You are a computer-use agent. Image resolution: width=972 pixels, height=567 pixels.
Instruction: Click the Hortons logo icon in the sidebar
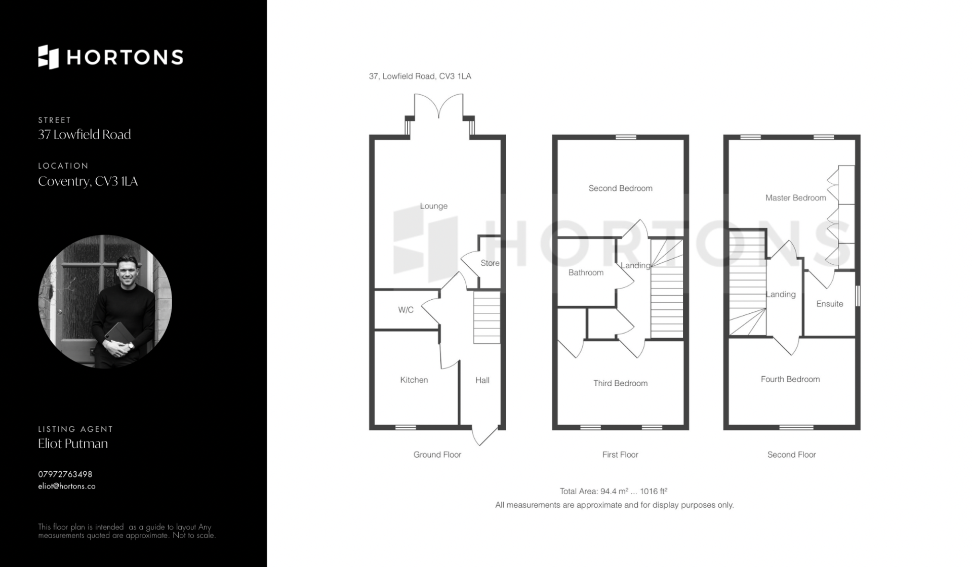point(49,57)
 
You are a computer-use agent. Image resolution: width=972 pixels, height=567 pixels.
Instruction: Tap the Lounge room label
point(433,206)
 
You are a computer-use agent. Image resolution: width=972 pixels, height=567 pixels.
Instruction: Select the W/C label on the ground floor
point(406,310)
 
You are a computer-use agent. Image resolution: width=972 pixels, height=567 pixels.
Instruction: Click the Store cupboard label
point(490,263)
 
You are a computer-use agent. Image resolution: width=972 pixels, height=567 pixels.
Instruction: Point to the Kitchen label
point(414,380)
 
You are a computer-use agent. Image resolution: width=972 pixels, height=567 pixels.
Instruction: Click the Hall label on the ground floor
point(482,380)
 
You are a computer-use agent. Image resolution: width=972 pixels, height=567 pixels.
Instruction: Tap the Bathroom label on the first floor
point(586,272)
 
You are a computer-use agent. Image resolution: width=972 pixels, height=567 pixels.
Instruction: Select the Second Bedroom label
point(620,188)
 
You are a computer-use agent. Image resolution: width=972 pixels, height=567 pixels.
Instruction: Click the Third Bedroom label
point(621,383)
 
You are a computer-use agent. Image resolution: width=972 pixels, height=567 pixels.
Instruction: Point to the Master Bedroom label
point(796,198)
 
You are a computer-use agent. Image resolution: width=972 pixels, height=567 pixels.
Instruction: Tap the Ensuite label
point(830,304)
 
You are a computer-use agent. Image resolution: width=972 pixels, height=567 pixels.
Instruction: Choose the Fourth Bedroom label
point(790,379)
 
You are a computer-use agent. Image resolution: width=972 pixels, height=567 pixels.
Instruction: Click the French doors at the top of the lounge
point(438,106)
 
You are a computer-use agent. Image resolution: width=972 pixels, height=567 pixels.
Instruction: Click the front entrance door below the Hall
point(485,435)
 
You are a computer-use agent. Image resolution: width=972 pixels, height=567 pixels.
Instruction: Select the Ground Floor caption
point(437,455)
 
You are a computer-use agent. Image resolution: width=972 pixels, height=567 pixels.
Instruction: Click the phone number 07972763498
point(65,474)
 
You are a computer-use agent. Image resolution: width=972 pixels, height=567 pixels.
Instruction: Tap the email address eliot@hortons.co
point(67,486)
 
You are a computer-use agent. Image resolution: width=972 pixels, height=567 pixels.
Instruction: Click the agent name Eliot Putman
point(73,443)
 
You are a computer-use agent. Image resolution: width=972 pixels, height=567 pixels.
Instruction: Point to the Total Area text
point(614,491)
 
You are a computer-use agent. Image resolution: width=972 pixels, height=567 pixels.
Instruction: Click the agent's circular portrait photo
point(105,301)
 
